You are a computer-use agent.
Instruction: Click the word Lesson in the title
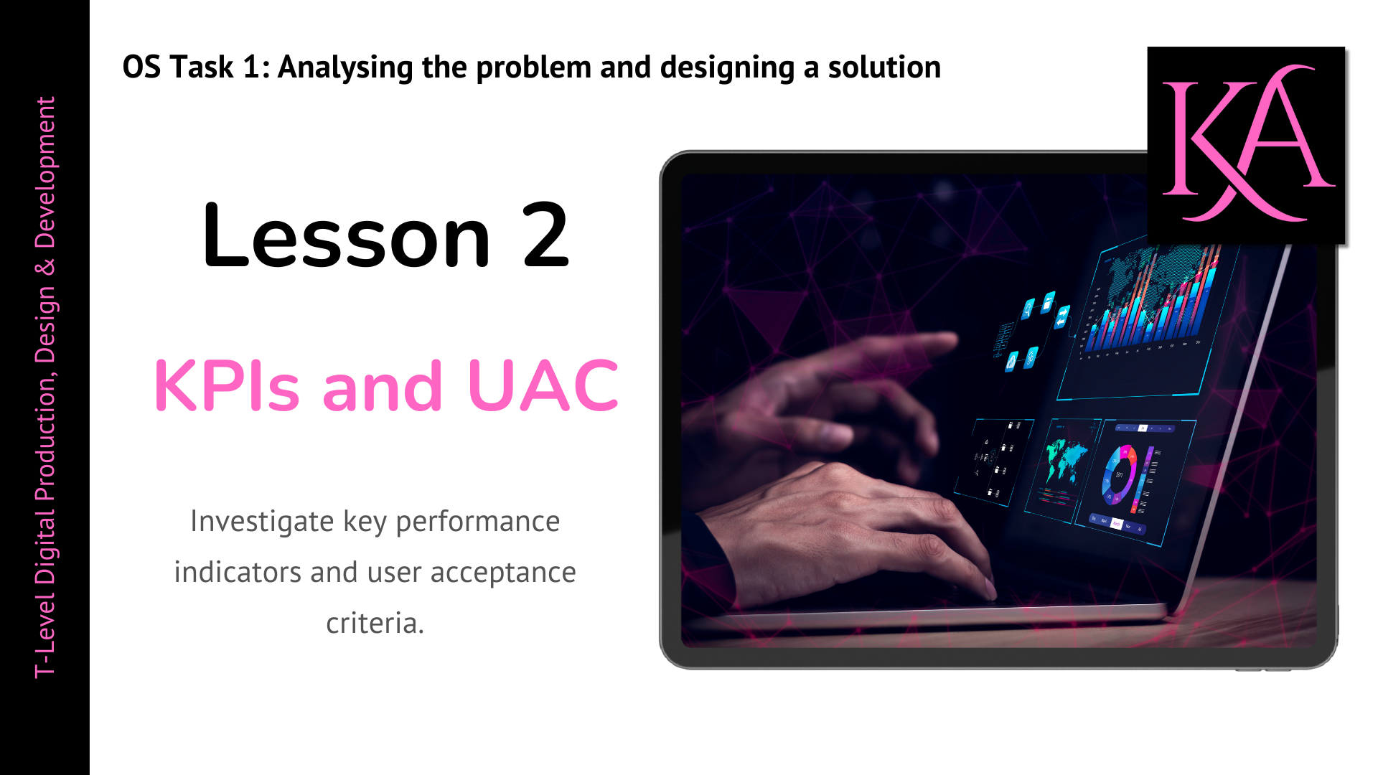tap(347, 235)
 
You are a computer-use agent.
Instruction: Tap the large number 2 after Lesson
tap(545, 234)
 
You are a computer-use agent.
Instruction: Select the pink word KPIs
tap(226, 385)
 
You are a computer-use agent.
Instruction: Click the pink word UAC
tap(543, 385)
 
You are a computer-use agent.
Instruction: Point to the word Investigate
tap(262, 522)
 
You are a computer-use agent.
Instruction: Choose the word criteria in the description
tap(375, 623)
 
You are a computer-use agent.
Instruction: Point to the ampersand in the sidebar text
tap(44, 268)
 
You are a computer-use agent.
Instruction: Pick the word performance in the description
tap(477, 522)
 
